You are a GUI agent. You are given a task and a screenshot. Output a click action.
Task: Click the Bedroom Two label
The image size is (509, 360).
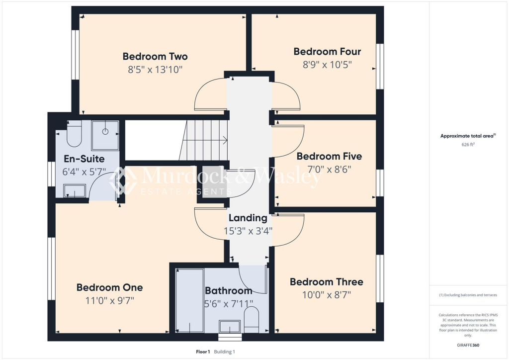point(155,56)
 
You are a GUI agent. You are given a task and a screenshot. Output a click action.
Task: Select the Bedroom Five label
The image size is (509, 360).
point(329,156)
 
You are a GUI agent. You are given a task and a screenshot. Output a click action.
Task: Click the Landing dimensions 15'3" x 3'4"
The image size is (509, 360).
point(248,231)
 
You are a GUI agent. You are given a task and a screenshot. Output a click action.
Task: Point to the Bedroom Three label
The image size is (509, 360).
point(327,282)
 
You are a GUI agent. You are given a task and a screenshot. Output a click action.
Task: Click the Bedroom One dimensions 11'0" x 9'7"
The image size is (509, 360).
point(109,300)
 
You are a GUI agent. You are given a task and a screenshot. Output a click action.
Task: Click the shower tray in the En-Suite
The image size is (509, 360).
point(105,135)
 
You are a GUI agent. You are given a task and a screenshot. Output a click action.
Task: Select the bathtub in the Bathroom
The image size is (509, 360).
point(189,300)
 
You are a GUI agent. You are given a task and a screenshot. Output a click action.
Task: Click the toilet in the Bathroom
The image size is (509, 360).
point(252,321)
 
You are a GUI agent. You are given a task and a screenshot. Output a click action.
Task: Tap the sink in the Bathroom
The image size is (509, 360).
point(229,327)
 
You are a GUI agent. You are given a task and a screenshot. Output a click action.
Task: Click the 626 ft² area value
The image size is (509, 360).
point(468,145)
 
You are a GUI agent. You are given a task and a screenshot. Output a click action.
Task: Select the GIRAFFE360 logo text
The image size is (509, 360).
point(468,345)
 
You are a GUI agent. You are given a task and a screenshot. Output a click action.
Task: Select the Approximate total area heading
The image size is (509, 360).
point(468,136)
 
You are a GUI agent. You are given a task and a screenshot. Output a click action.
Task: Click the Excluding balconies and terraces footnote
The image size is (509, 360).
point(468,295)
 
